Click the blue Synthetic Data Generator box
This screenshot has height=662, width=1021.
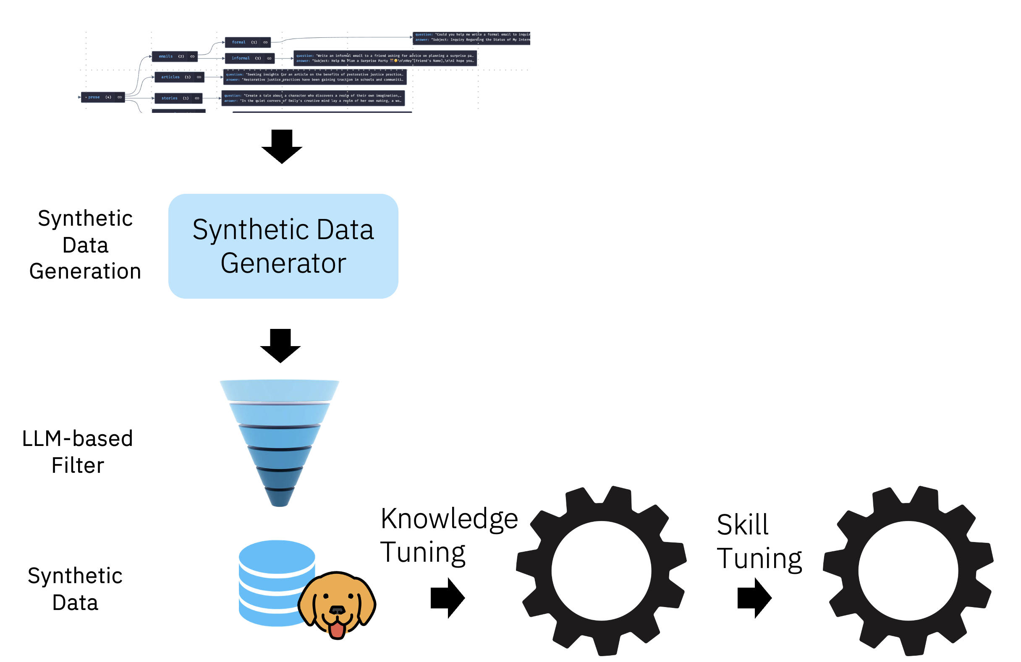tap(283, 246)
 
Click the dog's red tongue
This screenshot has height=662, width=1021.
tap(337, 628)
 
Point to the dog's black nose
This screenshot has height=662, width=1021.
tap(337, 609)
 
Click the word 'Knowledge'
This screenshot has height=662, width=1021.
tap(449, 519)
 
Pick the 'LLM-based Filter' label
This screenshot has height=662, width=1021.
tap(78, 451)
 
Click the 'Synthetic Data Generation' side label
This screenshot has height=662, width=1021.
tap(85, 245)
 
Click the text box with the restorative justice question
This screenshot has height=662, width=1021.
tap(314, 77)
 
